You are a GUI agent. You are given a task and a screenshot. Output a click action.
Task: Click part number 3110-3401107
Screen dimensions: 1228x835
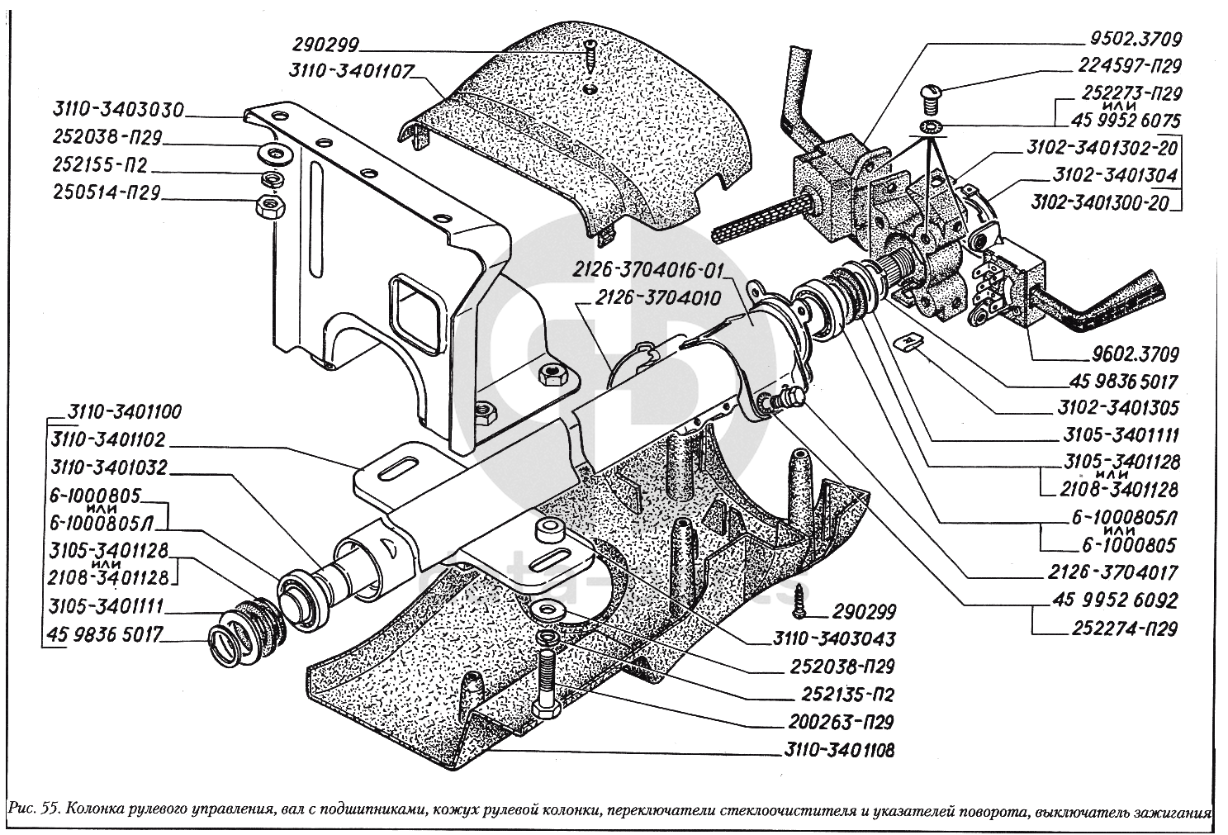(x=350, y=71)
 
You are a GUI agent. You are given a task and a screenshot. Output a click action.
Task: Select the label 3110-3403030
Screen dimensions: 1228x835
(x=119, y=110)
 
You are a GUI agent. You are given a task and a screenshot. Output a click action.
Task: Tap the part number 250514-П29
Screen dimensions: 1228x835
(x=107, y=193)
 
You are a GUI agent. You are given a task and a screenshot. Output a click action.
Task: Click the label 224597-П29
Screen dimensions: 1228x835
(x=1131, y=66)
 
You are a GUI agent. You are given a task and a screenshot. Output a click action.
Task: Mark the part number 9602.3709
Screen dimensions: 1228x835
(x=1132, y=354)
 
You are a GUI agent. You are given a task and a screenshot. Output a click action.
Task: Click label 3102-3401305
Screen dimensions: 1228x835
(x=1118, y=408)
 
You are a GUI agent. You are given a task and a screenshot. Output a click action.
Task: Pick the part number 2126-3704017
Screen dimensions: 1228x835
(x=1113, y=572)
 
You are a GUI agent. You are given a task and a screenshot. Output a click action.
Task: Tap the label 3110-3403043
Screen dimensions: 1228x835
(x=834, y=638)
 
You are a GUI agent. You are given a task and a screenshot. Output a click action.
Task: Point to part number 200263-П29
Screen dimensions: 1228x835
(x=841, y=722)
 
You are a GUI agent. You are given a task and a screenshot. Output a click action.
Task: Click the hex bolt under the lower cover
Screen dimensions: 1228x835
(x=547, y=686)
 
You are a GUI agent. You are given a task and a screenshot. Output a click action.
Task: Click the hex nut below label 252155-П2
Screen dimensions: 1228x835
(x=269, y=206)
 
